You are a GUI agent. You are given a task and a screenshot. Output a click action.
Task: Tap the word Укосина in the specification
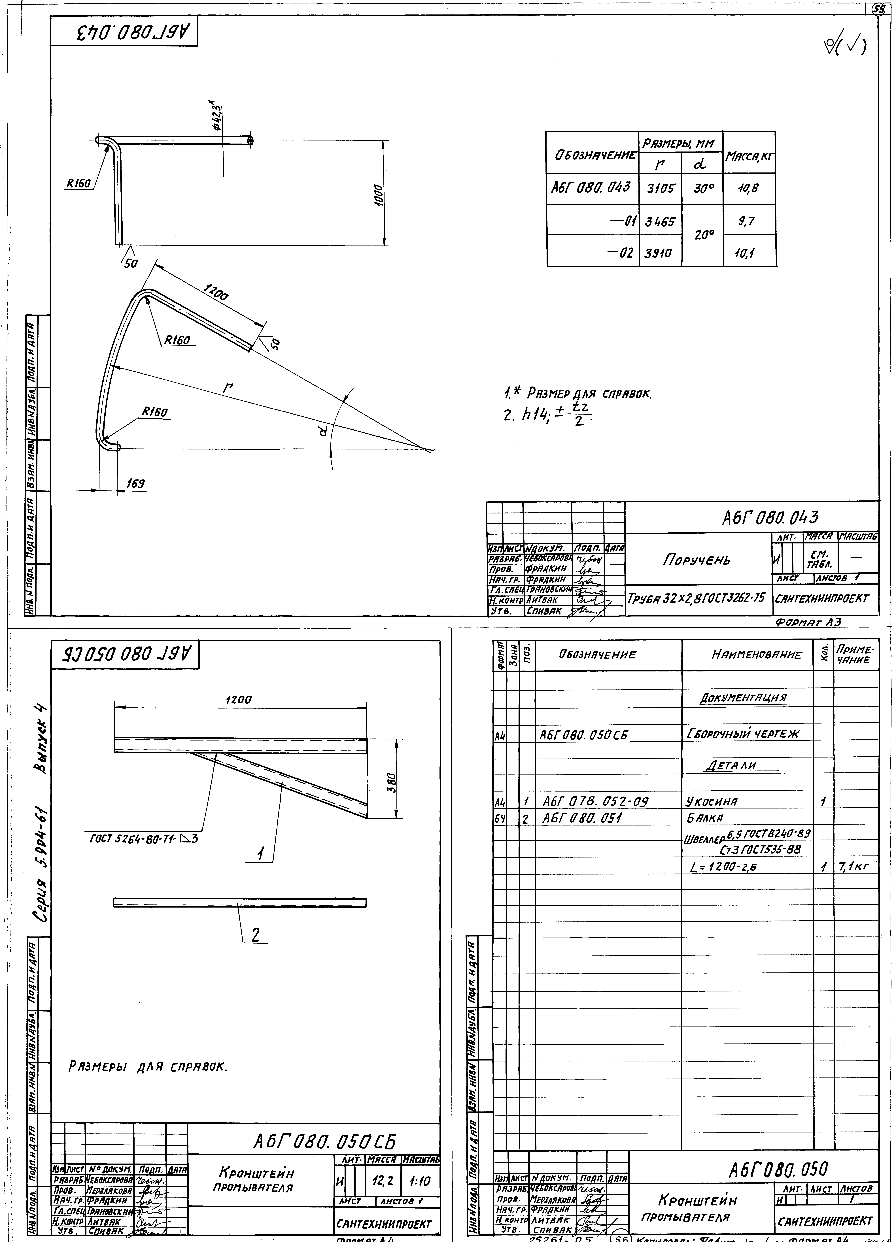711,802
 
